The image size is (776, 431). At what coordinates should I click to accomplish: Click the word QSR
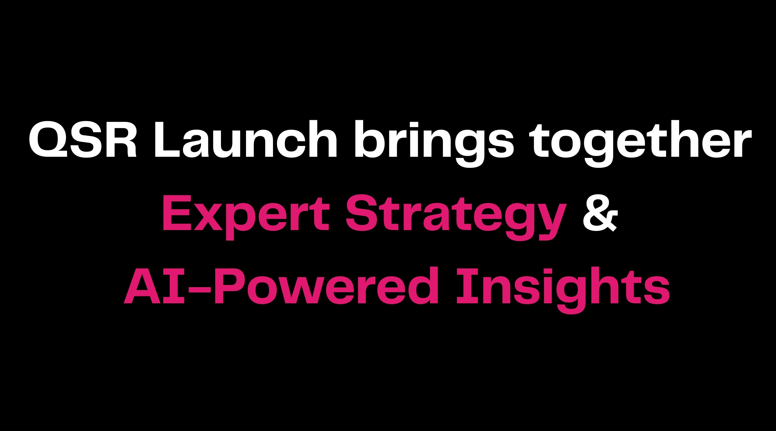click(x=82, y=139)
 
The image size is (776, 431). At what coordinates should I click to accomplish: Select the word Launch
click(x=245, y=139)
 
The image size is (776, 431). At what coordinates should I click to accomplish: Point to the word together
click(x=641, y=144)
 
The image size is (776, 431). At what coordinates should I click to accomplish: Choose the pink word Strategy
click(x=456, y=217)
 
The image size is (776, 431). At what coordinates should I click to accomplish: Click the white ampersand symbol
click(x=600, y=213)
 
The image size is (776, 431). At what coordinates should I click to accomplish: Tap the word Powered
click(x=326, y=285)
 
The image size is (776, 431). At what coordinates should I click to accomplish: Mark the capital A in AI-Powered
click(x=142, y=285)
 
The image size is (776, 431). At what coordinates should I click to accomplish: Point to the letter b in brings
click(x=372, y=139)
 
